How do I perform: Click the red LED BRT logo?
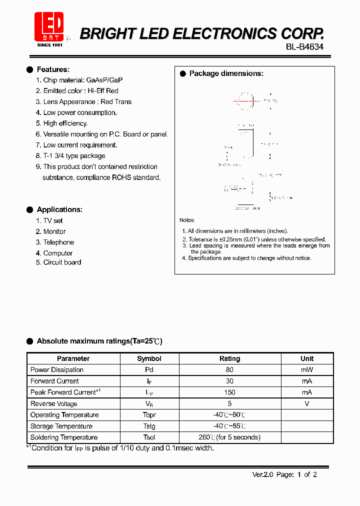click(49, 26)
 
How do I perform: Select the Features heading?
click(53, 69)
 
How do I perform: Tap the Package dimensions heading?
click(226, 73)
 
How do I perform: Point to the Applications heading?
click(59, 209)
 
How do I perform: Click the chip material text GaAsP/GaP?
click(104, 80)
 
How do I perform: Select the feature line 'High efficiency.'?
click(65, 123)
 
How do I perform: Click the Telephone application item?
click(58, 242)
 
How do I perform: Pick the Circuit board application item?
click(62, 262)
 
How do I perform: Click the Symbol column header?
click(149, 358)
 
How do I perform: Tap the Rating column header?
click(229, 358)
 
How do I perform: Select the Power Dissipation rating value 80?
click(229, 370)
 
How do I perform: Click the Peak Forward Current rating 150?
click(229, 392)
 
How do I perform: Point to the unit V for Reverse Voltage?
click(307, 403)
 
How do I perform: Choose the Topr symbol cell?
click(149, 415)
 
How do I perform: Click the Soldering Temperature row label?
click(64, 437)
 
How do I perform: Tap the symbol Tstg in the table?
click(149, 426)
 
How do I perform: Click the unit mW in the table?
click(307, 370)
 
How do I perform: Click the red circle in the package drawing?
click(246, 100)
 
